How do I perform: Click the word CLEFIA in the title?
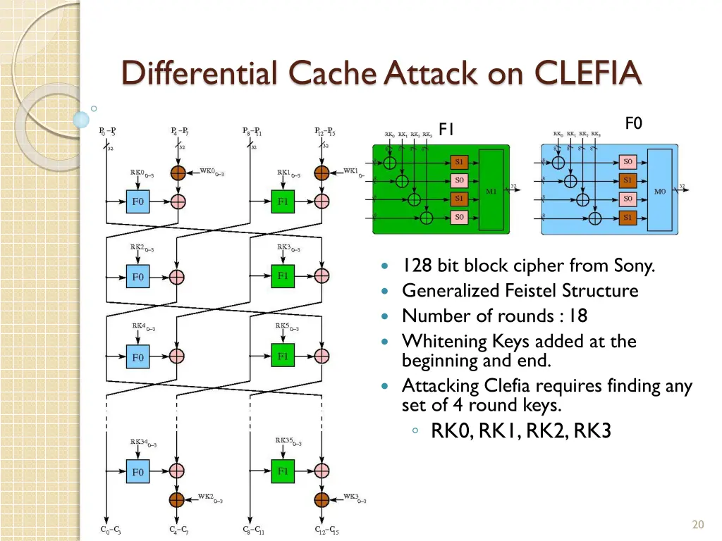pyautogui.click(x=588, y=73)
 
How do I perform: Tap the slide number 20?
pyautogui.click(x=698, y=524)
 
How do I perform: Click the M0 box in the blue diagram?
pyautogui.click(x=660, y=190)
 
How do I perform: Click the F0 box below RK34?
pyautogui.click(x=138, y=472)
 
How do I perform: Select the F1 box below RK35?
pyautogui.click(x=283, y=471)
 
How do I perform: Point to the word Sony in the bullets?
pyautogui.click(x=635, y=266)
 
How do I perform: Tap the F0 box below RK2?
pyautogui.click(x=138, y=276)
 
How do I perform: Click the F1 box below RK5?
pyautogui.click(x=283, y=356)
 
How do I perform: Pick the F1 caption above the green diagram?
pyautogui.click(x=446, y=129)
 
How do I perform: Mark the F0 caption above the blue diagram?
pyautogui.click(x=634, y=124)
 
